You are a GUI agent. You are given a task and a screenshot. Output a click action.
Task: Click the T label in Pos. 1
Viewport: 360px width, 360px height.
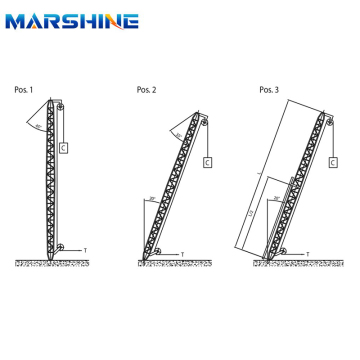(x=86, y=247)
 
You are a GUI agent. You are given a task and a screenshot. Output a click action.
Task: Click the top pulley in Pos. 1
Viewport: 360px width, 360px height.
(x=60, y=105)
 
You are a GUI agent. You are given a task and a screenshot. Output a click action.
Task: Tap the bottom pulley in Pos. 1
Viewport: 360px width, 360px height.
(x=60, y=247)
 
